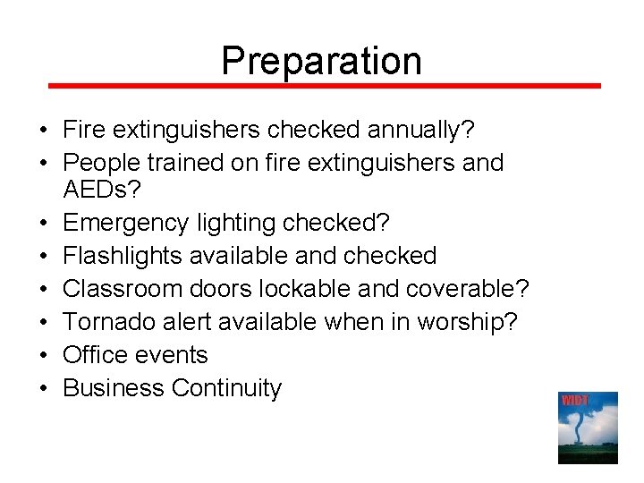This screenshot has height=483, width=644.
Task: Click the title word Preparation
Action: (x=321, y=60)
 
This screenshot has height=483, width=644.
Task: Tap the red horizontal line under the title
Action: (x=324, y=86)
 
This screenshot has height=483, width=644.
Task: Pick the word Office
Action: (x=94, y=355)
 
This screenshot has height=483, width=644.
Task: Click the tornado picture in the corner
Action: (x=588, y=428)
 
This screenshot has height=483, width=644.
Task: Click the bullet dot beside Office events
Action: (x=43, y=356)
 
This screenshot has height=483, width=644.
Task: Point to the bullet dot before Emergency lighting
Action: (x=43, y=223)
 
